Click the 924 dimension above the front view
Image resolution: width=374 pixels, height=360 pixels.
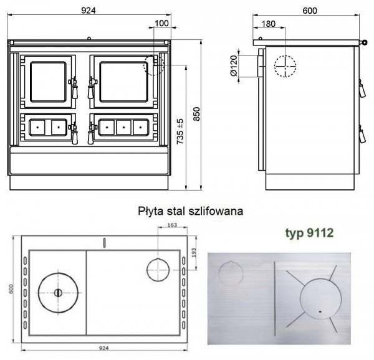click(89, 11)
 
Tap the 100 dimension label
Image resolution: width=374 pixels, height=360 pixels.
click(161, 23)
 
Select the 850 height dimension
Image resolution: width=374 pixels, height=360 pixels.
click(196, 114)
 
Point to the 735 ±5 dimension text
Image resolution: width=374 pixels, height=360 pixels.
click(180, 131)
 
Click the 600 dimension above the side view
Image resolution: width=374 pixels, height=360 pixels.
click(310, 11)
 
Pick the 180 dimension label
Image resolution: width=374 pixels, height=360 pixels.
click(269, 24)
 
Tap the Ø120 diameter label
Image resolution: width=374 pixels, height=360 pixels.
click(234, 65)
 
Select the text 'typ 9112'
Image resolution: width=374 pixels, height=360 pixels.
click(309, 233)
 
